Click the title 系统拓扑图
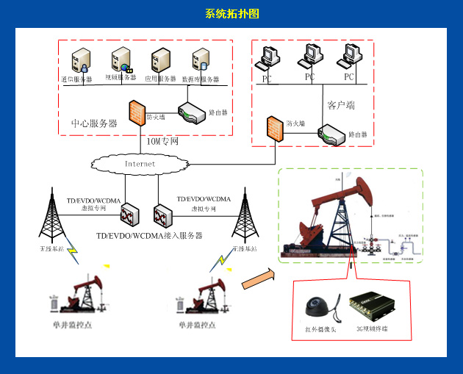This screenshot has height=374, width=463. [x=232, y=14]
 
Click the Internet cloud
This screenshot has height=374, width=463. [x=139, y=163]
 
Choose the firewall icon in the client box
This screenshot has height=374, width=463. [x=275, y=129]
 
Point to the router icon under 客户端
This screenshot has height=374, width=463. [x=330, y=134]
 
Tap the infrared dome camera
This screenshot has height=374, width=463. [x=317, y=308]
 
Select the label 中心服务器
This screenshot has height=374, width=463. [x=93, y=123]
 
